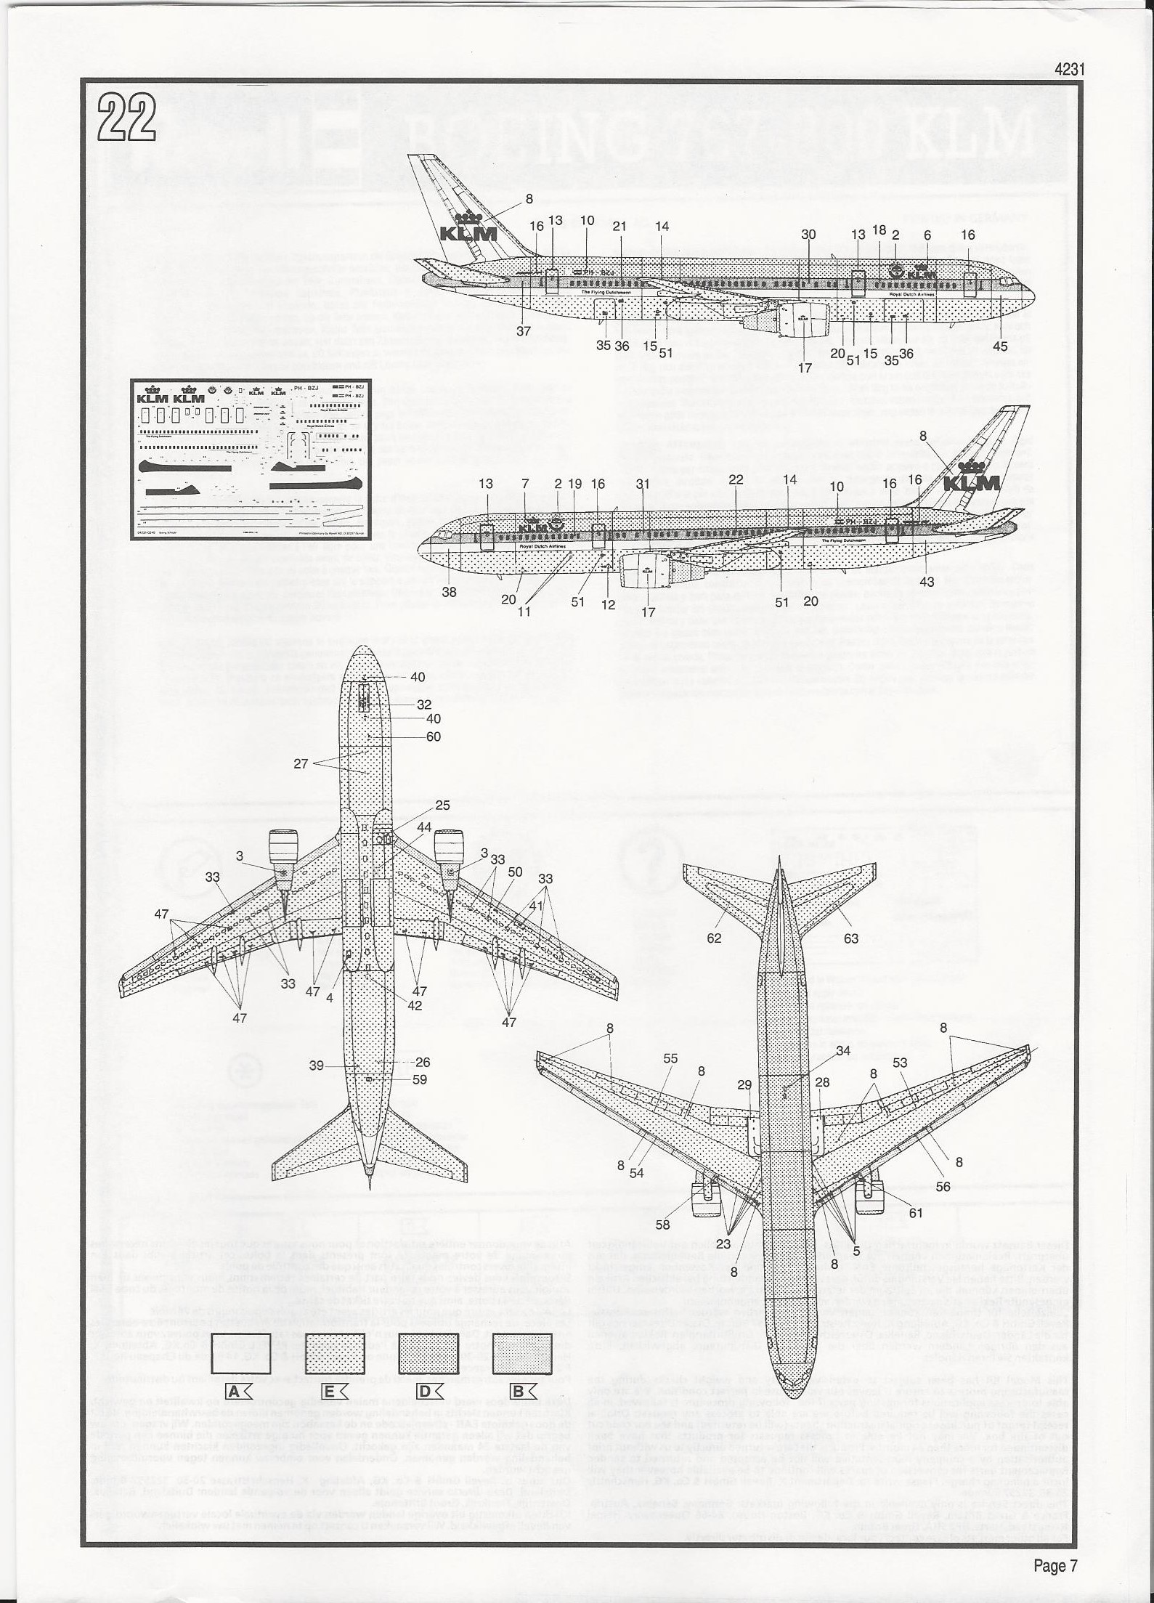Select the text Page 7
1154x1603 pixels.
click(x=1055, y=1562)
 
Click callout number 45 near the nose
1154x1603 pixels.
click(x=999, y=346)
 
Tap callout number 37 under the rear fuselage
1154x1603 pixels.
click(x=524, y=330)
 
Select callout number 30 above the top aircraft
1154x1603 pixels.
click(x=808, y=234)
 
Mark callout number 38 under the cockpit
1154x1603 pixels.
click(x=449, y=592)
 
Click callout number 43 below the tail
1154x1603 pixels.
click(x=926, y=582)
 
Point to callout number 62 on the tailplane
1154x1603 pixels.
click(x=714, y=938)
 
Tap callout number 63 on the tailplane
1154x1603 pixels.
click(x=850, y=938)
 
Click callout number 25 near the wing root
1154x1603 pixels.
click(x=442, y=805)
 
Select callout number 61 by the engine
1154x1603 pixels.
click(x=915, y=1213)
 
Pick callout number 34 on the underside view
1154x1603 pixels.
click(x=842, y=1051)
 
